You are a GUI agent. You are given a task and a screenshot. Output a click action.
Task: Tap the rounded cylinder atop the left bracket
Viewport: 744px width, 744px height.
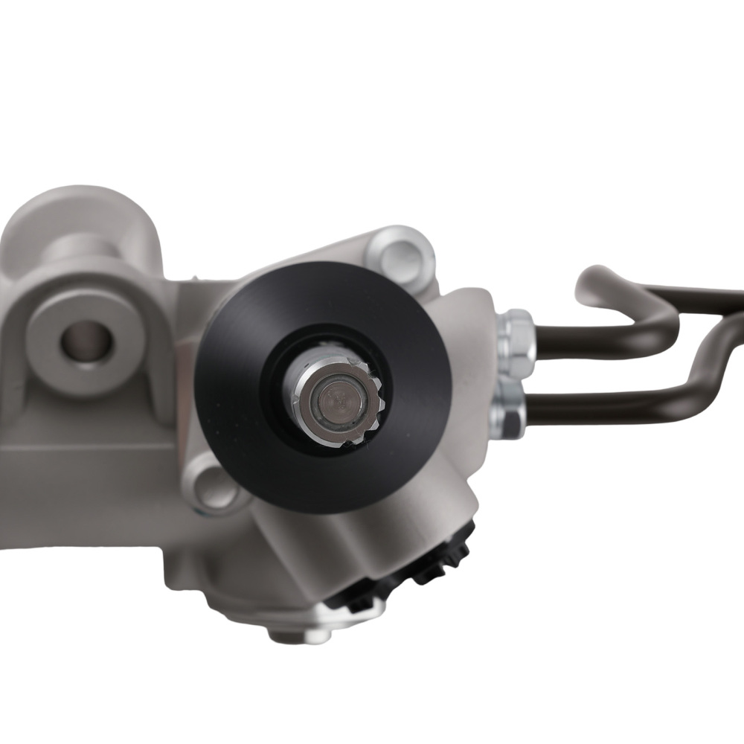[x=82, y=231]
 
